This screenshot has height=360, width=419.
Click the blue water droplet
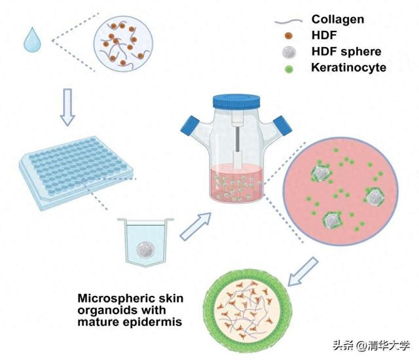click(x=32, y=40)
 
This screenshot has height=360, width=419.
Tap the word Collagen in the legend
click(x=338, y=19)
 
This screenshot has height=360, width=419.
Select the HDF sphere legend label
click(x=346, y=51)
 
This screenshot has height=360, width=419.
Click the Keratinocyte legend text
click(x=348, y=67)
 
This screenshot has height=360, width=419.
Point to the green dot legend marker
click(x=289, y=69)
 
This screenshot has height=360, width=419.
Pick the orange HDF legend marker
click(x=289, y=35)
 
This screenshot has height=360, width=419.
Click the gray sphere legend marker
click(x=289, y=52)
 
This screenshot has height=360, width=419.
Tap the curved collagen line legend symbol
click(x=289, y=21)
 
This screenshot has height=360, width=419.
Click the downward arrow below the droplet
click(x=67, y=107)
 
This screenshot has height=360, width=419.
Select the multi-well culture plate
click(x=76, y=172)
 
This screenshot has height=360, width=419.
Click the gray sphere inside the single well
click(x=145, y=249)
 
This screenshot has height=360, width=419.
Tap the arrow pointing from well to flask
click(x=196, y=226)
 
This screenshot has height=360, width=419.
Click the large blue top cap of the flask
click(x=236, y=101)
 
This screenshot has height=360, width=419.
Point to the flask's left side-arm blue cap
click(x=190, y=126)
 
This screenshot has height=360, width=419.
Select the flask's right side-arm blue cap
click(x=282, y=126)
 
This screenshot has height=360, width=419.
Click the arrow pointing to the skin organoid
click(x=303, y=272)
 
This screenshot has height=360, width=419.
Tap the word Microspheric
click(x=113, y=298)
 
